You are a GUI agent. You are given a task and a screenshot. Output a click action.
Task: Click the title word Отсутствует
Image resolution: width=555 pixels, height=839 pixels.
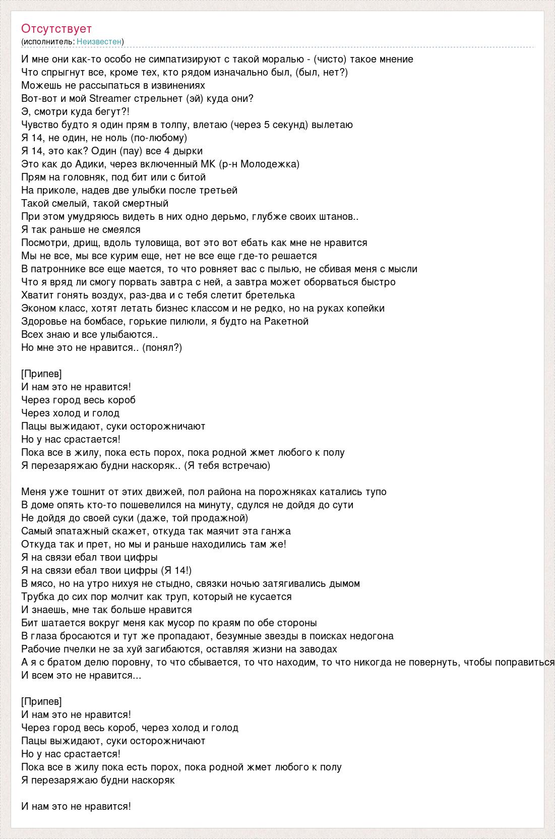(x=56, y=29)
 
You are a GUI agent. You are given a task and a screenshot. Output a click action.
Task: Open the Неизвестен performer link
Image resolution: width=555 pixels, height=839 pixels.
(x=99, y=41)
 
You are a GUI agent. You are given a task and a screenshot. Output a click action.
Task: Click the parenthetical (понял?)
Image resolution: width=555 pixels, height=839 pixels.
(x=162, y=347)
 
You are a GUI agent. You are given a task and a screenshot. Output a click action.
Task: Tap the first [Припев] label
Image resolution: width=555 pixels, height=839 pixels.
(x=42, y=374)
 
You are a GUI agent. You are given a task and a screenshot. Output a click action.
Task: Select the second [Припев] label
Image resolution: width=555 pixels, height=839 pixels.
(x=42, y=701)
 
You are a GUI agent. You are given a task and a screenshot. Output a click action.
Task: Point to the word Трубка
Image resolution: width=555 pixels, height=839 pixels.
(x=36, y=596)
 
